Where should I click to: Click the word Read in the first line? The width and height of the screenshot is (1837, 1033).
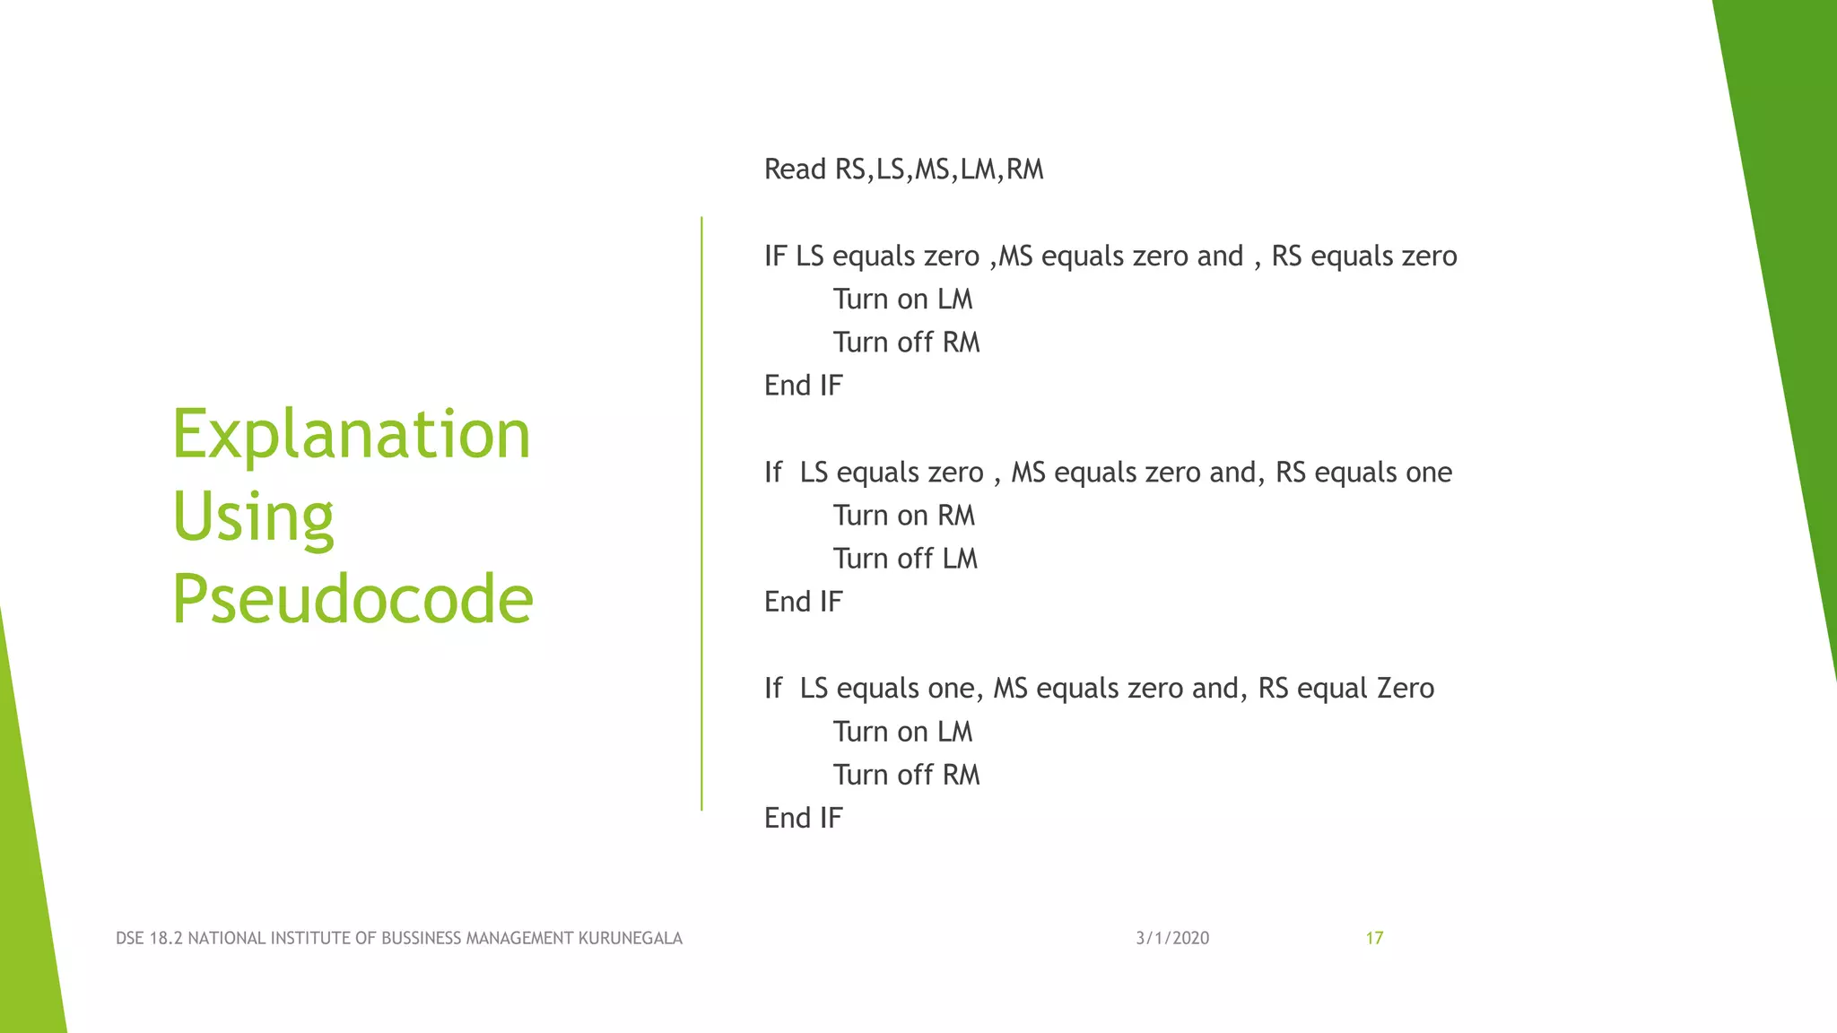[795, 169]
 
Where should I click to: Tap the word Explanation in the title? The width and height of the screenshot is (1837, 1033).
[352, 434]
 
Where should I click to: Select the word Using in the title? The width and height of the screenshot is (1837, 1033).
[253, 517]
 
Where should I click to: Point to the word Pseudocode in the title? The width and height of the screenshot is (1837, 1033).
[353, 599]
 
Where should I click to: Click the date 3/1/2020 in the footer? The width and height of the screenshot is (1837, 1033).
[1172, 938]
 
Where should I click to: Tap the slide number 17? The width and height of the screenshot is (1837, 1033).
[1374, 938]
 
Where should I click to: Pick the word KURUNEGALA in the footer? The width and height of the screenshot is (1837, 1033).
[630, 938]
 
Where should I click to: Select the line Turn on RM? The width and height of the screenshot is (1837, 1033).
[903, 516]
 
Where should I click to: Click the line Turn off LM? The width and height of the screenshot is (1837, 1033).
[905, 559]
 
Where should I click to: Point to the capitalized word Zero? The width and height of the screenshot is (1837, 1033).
[1406, 688]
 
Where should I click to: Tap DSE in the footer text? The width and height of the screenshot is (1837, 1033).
[130, 938]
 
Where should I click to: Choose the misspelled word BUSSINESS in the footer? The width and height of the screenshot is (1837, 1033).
[422, 938]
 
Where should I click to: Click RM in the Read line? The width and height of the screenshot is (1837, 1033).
[1025, 169]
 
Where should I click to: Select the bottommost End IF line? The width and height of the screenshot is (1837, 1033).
[803, 818]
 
